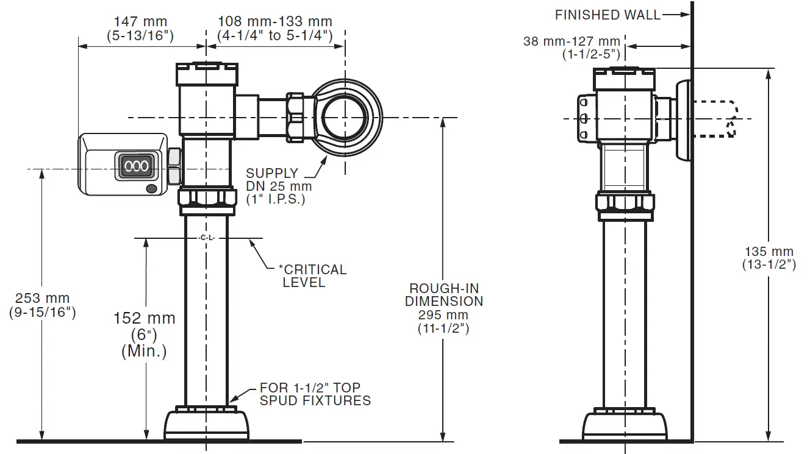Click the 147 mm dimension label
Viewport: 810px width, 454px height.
coord(141,29)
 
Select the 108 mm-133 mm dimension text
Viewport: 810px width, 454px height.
coord(274,29)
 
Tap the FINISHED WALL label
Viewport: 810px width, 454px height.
coord(607,15)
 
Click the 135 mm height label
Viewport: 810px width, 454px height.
coord(769,258)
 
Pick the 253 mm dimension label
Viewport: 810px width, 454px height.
coord(43,305)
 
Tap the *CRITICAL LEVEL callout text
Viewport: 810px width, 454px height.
coord(312,275)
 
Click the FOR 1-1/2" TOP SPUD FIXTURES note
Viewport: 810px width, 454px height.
coord(315,394)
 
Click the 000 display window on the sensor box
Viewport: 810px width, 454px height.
coord(136,166)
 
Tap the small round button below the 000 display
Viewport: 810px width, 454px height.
coord(151,190)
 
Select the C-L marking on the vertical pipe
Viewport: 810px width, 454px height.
coord(207,238)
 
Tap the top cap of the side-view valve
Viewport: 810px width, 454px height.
coord(623,76)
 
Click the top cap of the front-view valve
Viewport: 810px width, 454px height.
coord(206,73)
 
